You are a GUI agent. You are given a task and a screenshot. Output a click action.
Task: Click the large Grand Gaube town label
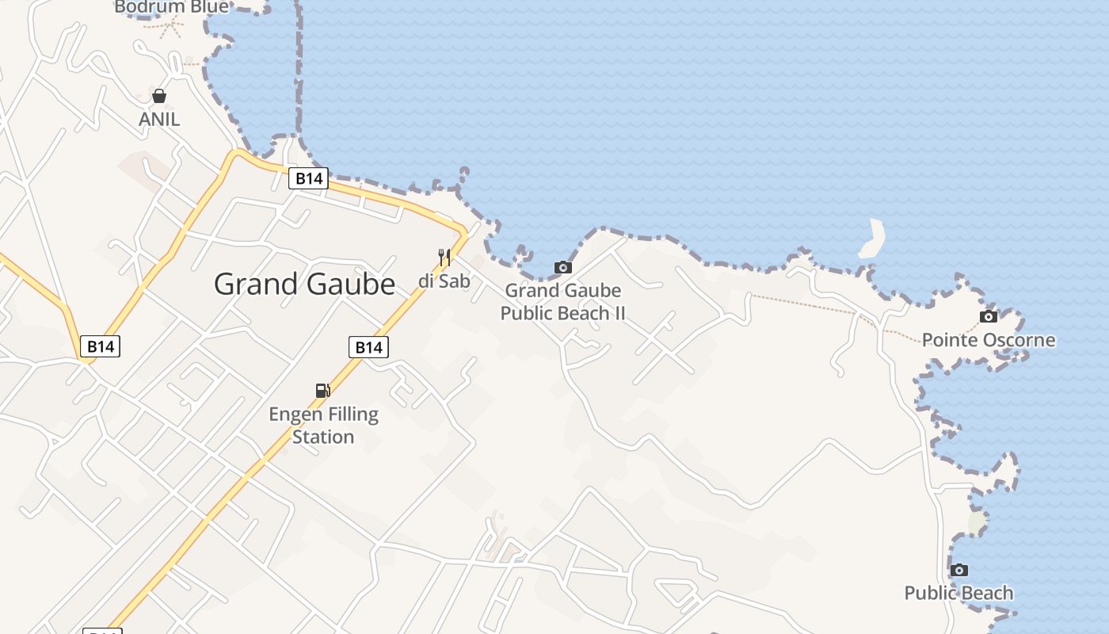click(304, 284)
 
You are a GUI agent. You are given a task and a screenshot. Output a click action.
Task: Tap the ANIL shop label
click(159, 119)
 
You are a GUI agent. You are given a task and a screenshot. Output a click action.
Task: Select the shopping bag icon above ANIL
click(159, 96)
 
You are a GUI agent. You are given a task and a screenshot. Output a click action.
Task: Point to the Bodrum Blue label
click(171, 7)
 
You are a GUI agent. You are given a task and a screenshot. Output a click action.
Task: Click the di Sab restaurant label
click(444, 281)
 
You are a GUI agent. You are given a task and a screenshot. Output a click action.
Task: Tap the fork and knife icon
click(444, 258)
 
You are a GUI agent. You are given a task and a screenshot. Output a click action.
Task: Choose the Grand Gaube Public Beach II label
click(562, 302)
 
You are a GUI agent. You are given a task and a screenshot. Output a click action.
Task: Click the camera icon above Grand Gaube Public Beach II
click(562, 267)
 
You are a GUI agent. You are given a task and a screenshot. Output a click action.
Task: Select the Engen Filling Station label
click(323, 425)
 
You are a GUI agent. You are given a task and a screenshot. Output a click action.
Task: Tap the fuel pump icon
click(322, 390)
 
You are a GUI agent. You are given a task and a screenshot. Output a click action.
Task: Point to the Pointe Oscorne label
click(989, 340)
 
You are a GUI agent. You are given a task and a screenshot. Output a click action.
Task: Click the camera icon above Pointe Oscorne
click(989, 317)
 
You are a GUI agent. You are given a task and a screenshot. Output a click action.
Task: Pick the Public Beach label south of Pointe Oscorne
click(958, 593)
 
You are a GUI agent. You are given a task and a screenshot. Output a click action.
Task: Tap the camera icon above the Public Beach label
click(958, 570)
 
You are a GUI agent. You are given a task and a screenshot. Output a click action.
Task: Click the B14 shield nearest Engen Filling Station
click(368, 347)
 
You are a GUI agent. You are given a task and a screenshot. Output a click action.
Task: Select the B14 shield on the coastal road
click(308, 178)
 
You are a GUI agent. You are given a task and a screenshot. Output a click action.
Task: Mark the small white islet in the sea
click(872, 238)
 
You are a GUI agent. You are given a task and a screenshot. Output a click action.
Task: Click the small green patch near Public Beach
click(977, 522)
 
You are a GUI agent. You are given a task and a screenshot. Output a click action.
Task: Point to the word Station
click(323, 437)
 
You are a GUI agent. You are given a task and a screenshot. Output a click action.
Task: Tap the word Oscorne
click(1018, 340)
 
